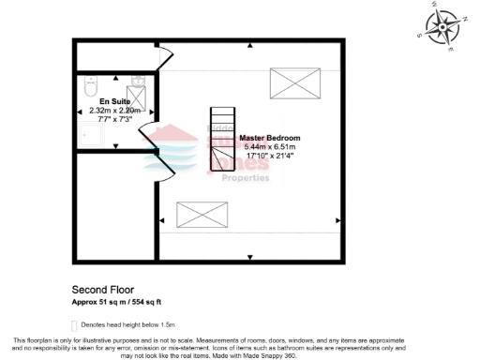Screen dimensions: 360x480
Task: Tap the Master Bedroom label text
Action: (x=270, y=139)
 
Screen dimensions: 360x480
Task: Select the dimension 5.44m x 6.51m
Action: (x=270, y=147)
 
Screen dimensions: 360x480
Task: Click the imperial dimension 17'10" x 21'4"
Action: (x=270, y=156)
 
